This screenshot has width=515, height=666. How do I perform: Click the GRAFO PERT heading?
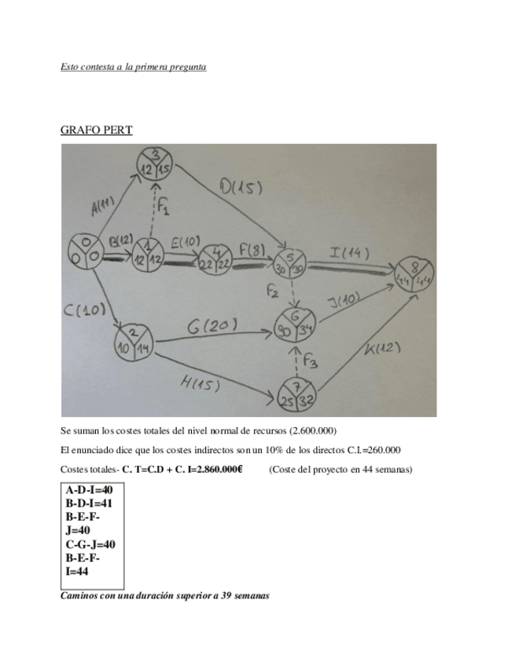96,130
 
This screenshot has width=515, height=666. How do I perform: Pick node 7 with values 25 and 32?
296,394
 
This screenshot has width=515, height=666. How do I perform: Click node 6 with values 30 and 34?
294,323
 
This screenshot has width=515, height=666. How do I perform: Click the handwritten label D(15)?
241,189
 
